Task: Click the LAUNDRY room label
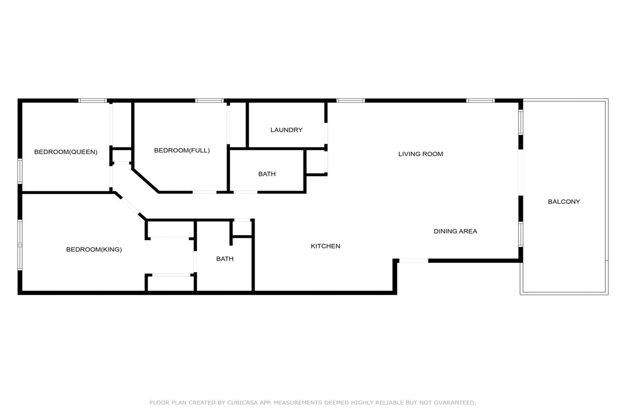coord(287,130)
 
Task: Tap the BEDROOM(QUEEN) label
coord(66,152)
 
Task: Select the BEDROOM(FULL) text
coord(182,151)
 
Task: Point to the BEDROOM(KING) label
coord(94,249)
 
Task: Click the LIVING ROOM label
coord(421,154)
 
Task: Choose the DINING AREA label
coord(455,231)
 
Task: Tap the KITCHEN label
coord(325,246)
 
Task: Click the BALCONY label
coord(564,202)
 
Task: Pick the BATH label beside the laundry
coord(267,174)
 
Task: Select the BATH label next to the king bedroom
coord(225,259)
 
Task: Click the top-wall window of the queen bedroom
coord(93,101)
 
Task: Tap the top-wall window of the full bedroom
coord(209,101)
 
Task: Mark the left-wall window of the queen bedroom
coord(20,171)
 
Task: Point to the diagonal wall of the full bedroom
coord(146,181)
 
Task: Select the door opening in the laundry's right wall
coord(326,133)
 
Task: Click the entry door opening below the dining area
coord(414,261)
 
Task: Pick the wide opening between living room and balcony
coord(521,173)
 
